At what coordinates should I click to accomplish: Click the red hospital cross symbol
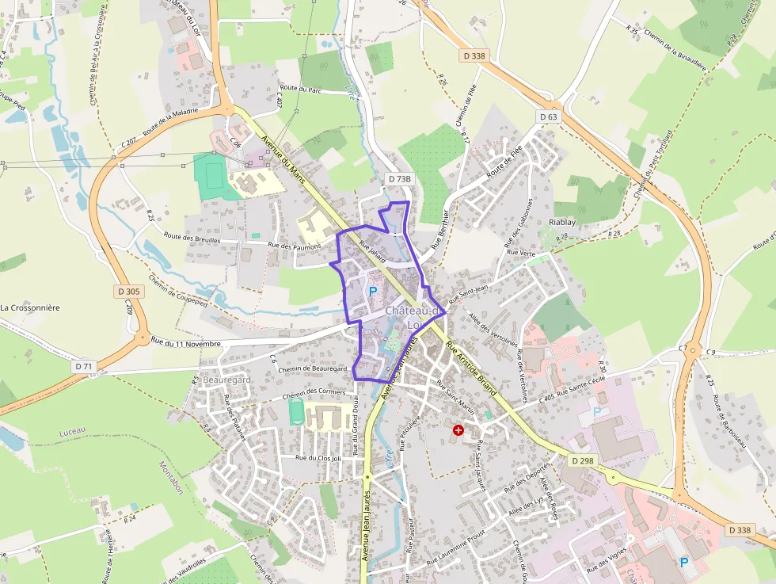pos(458,429)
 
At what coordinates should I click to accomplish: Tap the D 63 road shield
pos(549,116)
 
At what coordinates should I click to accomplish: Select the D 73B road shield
pos(400,179)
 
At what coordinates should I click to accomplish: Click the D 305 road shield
pos(131,291)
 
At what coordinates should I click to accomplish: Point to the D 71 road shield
pos(83,366)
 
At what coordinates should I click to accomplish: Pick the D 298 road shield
pos(582,460)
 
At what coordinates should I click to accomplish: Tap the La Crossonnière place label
pos(30,307)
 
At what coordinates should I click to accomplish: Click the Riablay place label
pos(562,222)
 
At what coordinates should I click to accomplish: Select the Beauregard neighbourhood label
pos(226,380)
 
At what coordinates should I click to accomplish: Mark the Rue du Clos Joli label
pos(318,458)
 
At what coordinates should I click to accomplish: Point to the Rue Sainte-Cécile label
pos(584,387)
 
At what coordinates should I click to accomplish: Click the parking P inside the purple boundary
pos(373,292)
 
